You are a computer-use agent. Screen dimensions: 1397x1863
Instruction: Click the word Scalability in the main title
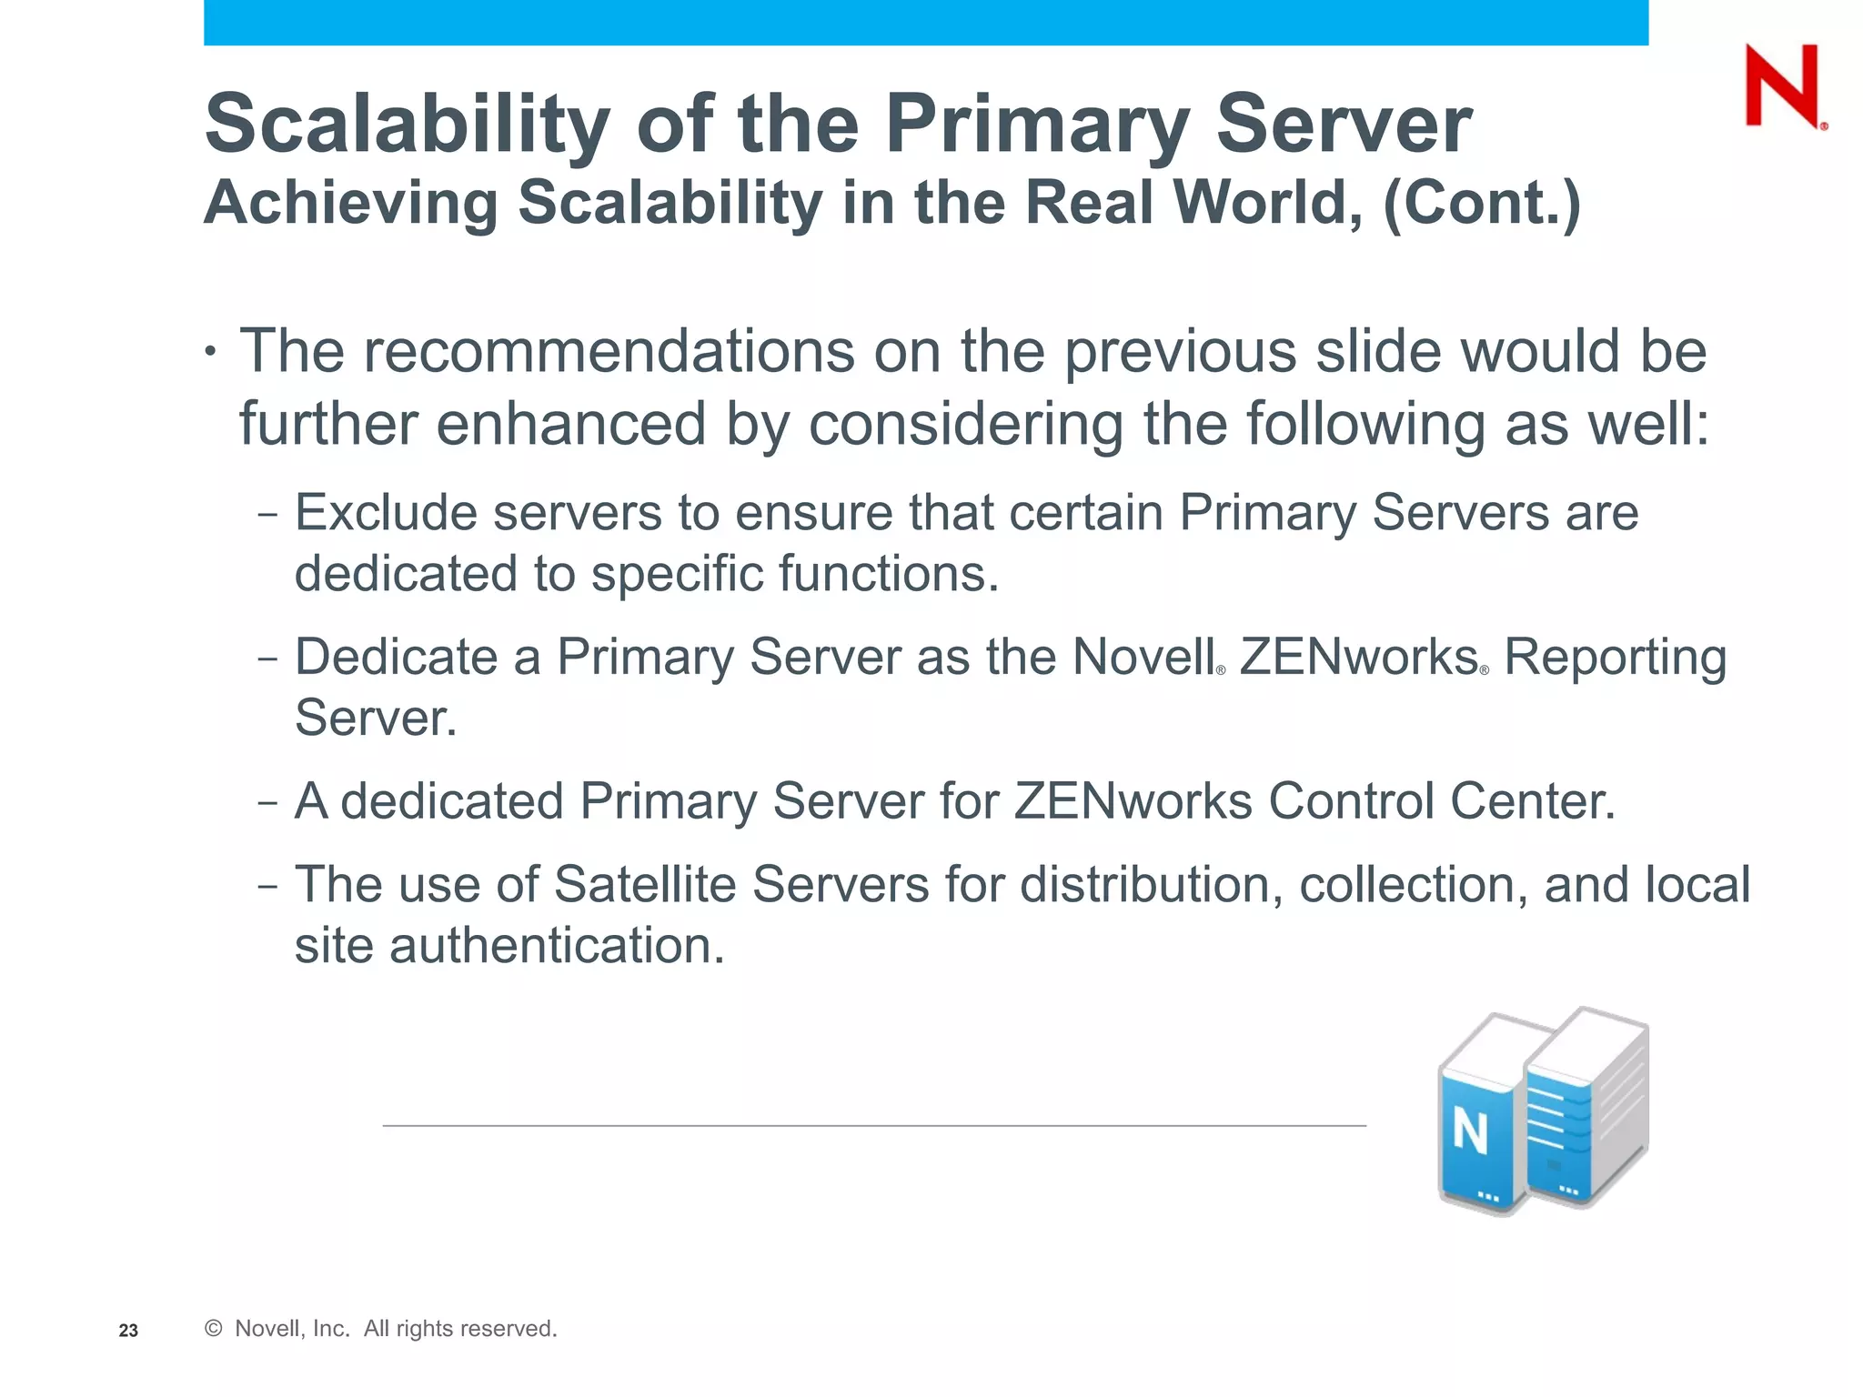click(407, 126)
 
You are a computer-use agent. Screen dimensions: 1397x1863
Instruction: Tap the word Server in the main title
click(1344, 124)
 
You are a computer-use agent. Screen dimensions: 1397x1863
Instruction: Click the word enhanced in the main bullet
click(570, 424)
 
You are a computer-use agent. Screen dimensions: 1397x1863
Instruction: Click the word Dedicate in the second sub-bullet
click(396, 657)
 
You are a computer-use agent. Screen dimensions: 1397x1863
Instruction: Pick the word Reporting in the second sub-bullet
click(1615, 657)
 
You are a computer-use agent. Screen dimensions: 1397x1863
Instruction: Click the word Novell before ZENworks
click(1143, 657)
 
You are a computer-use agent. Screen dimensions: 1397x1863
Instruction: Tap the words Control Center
click(1441, 801)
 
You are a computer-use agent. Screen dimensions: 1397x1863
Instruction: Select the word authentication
click(557, 946)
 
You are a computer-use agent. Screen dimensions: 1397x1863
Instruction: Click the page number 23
click(128, 1331)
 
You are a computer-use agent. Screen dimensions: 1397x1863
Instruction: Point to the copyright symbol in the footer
click(214, 1329)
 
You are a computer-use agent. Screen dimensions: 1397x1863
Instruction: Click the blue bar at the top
click(926, 22)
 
